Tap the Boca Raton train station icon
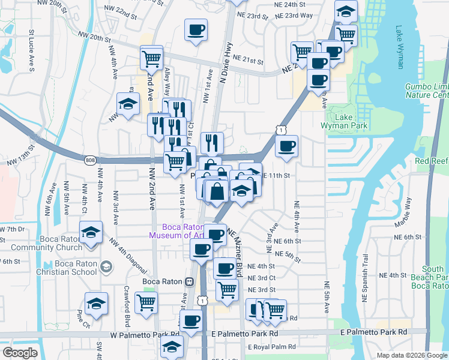(x=188, y=281)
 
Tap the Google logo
(x=20, y=353)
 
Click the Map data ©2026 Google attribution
(x=412, y=355)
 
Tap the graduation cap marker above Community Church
(x=91, y=232)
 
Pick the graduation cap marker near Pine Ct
(x=95, y=304)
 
